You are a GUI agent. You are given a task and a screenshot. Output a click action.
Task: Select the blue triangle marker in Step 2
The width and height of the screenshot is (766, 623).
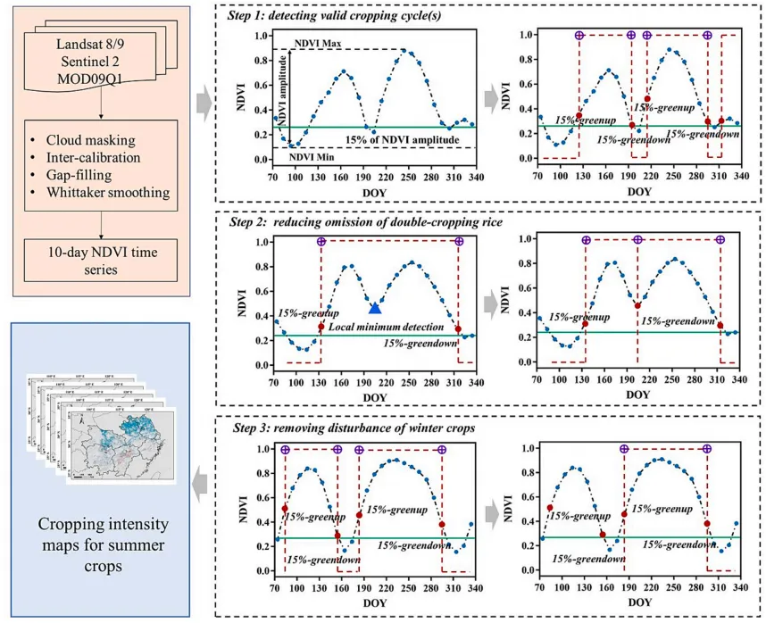click(x=375, y=308)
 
